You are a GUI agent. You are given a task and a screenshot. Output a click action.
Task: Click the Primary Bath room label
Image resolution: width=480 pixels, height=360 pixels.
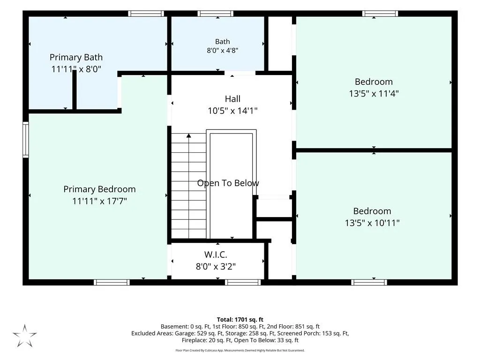[76, 57]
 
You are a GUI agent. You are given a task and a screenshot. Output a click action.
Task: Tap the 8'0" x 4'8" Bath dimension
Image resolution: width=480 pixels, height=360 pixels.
[223, 51]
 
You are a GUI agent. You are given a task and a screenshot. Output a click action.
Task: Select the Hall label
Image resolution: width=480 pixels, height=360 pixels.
[232, 99]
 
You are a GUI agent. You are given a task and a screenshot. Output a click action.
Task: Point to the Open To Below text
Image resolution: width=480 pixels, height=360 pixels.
[228, 183]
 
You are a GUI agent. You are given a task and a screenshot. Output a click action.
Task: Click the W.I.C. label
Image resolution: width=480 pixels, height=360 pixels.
[216, 255]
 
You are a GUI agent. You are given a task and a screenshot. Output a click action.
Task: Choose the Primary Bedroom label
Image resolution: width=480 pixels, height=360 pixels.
[99, 189]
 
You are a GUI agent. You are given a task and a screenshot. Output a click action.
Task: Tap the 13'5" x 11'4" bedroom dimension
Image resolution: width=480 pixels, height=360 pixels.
[374, 93]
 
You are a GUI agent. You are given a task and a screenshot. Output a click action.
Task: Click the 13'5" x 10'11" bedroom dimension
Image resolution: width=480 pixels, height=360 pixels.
[372, 223]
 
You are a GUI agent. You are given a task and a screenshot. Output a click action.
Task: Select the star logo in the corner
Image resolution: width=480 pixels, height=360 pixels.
[25, 336]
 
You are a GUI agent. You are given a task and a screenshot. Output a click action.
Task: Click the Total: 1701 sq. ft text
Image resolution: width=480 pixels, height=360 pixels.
[240, 320]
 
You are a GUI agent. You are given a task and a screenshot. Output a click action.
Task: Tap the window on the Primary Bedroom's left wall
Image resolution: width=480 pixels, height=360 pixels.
[26, 140]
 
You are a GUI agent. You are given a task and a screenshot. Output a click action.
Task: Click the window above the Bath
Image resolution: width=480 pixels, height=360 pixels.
[216, 14]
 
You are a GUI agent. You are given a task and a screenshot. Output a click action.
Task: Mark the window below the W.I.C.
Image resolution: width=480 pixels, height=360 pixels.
[243, 282]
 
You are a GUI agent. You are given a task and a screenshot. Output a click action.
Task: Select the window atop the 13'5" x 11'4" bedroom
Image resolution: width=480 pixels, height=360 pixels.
[380, 14]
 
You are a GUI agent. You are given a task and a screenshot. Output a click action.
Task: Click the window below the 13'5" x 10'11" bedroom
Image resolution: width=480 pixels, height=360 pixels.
[369, 282]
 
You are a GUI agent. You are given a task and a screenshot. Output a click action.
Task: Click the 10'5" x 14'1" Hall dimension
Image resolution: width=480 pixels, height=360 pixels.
[232, 111]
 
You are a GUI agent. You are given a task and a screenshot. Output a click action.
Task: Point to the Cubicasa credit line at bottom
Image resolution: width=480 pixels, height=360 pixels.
[240, 351]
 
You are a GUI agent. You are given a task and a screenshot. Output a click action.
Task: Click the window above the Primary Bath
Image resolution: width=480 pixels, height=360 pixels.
[146, 14]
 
